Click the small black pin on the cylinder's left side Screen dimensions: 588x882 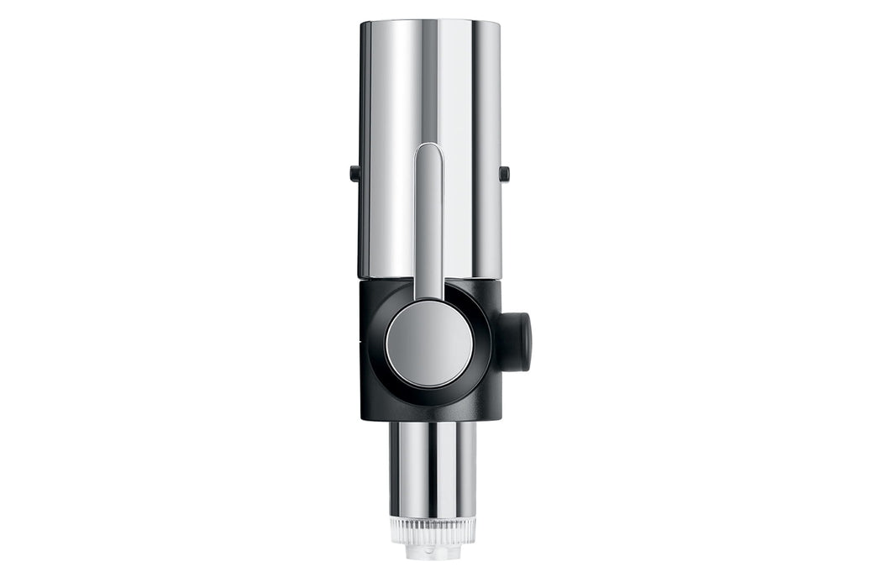354,173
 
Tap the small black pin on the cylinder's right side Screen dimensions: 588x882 504,173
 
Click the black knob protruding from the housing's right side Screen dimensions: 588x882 517,342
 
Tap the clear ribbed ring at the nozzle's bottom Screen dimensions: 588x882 433,529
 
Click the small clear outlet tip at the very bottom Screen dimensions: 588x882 433,554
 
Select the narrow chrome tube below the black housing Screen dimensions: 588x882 433,466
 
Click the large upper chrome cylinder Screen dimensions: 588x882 395,126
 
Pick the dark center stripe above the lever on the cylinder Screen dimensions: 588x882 429,76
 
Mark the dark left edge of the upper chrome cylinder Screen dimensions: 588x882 363,126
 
